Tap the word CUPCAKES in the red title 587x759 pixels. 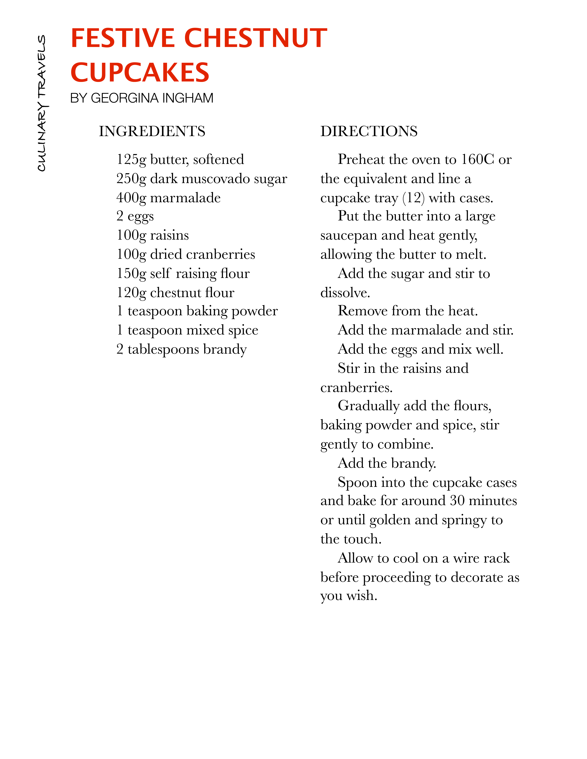[x=140, y=73]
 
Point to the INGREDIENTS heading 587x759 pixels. [x=152, y=131]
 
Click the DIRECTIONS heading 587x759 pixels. [x=369, y=131]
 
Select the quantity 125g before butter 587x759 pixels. [x=131, y=160]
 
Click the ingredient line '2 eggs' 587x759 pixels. [x=135, y=216]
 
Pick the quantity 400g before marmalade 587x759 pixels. [x=131, y=198]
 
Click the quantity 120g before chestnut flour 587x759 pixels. [x=131, y=293]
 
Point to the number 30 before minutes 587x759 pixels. [x=457, y=501]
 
